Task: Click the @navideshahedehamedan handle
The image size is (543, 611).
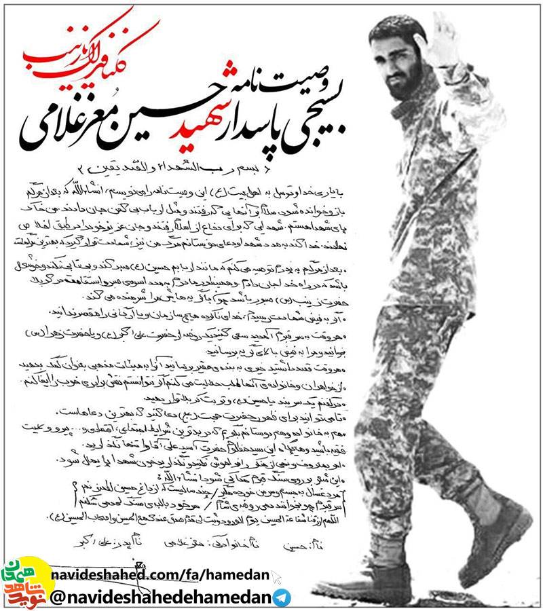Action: [163, 597]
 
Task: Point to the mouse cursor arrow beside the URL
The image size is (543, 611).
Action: [276, 576]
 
